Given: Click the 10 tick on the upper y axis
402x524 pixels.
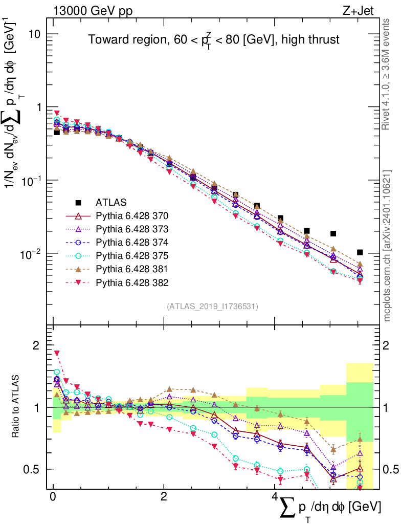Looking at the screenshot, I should tap(35, 34).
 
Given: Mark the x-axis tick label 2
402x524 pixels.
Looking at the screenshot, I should tap(163, 497).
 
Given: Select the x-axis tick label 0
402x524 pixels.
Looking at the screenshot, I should tap(53, 497).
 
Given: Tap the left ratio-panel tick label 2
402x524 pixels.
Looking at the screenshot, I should tap(36, 345).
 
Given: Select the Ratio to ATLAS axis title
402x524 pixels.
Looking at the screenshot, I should tap(17, 407).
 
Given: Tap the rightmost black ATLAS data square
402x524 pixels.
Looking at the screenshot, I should tap(360, 252).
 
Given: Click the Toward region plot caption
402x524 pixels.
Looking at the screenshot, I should tap(213, 40).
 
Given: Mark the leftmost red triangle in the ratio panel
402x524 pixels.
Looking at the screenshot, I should tap(57, 353).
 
